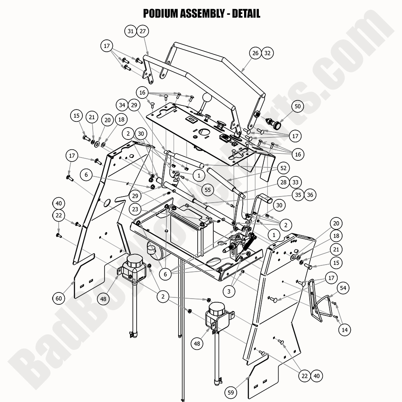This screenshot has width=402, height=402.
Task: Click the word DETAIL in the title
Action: tap(246, 14)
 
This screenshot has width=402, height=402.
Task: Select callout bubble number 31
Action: tap(130, 31)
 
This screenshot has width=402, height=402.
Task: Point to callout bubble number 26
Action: tap(256, 53)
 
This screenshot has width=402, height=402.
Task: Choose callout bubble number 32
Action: tap(267, 53)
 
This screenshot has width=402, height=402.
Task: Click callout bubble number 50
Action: tap(298, 106)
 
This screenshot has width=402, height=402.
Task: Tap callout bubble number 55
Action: tap(208, 190)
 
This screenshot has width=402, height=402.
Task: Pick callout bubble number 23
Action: tap(135, 208)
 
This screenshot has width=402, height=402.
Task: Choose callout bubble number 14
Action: tap(344, 329)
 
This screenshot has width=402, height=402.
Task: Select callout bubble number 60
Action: tap(59, 298)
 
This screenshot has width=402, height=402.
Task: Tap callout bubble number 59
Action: tap(231, 392)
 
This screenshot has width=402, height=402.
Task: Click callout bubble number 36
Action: tap(310, 195)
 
